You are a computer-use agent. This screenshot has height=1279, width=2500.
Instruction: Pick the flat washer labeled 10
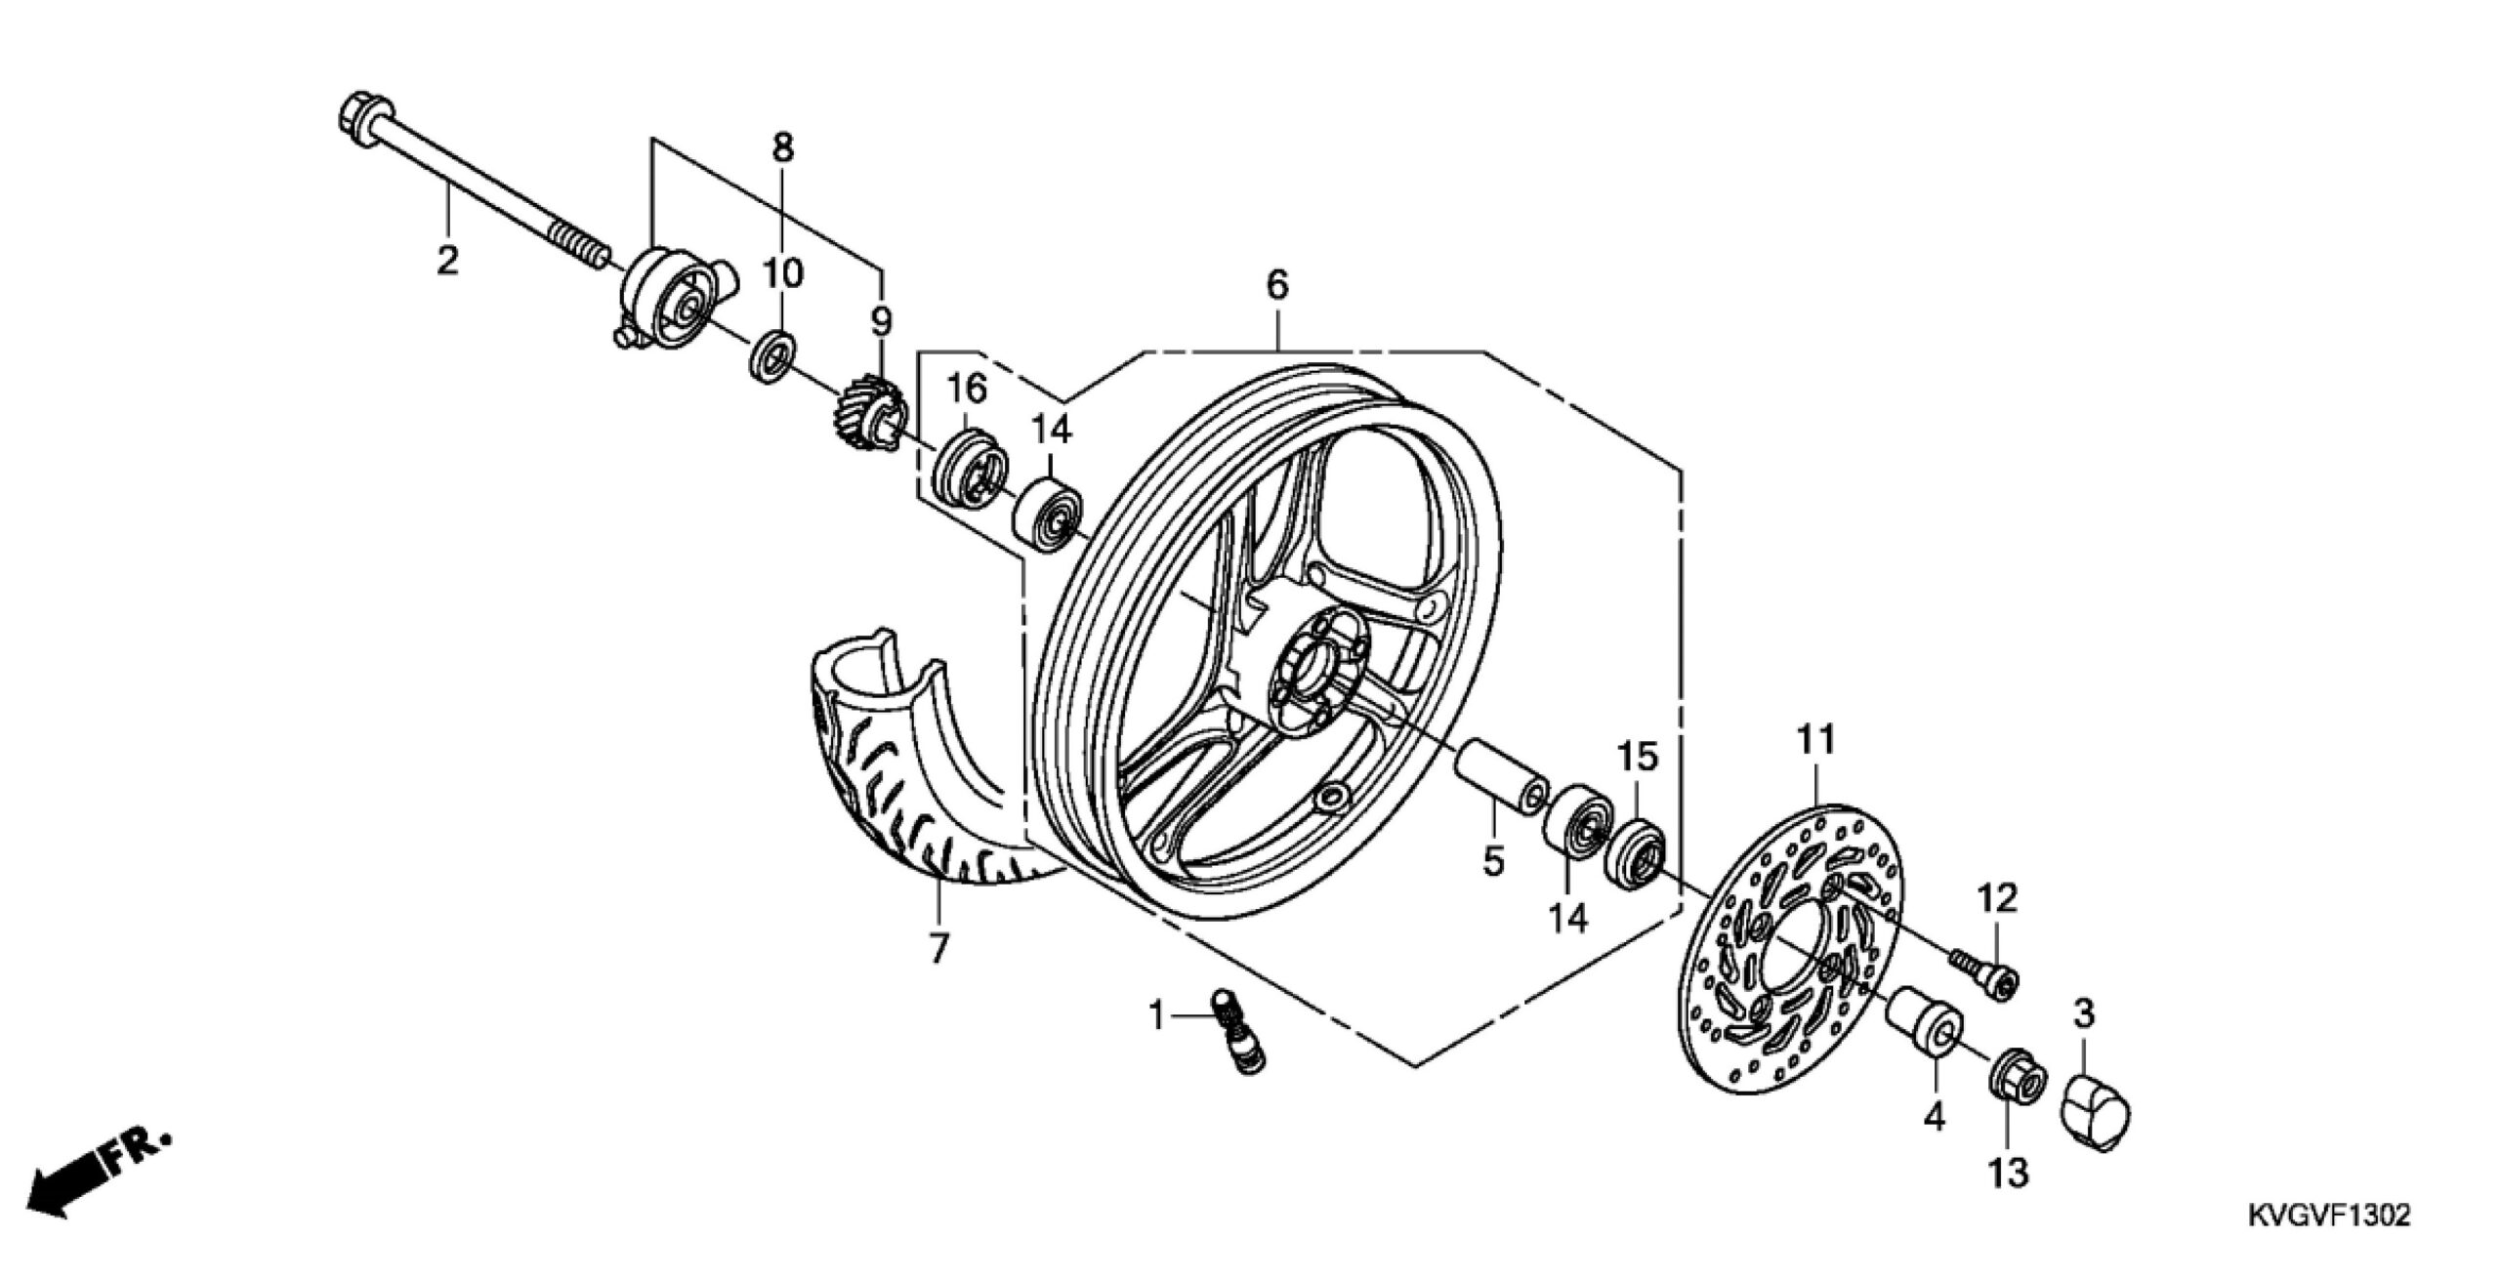pos(771,358)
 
